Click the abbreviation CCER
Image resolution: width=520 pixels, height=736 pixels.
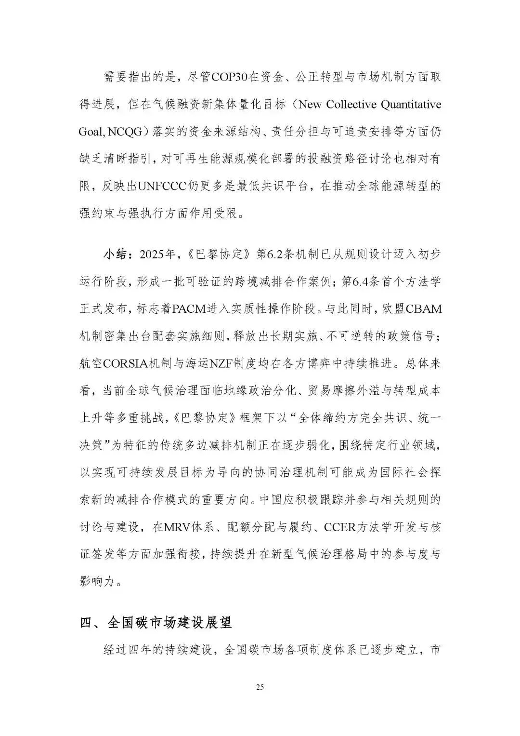[x=340, y=527]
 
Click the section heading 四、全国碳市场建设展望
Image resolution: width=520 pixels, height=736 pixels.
[x=156, y=622]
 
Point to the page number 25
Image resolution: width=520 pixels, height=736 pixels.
[x=260, y=687]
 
